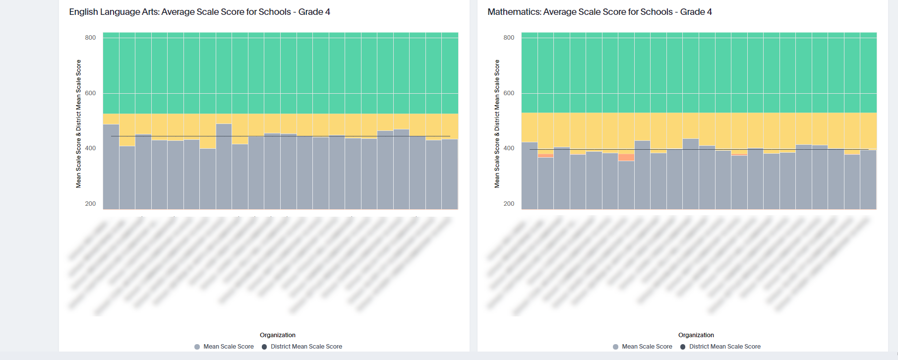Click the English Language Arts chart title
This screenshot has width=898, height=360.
(199, 12)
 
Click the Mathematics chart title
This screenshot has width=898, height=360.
(599, 12)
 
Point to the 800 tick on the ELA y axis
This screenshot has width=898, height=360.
(90, 38)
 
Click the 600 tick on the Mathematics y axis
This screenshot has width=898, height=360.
(509, 93)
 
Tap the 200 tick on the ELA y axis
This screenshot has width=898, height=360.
(90, 204)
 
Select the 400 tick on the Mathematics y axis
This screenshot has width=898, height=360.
(509, 148)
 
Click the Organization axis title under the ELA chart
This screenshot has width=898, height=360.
(278, 335)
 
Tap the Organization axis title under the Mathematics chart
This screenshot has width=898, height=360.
(696, 335)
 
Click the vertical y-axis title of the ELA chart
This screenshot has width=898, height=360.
(78, 124)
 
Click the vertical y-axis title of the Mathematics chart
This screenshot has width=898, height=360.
(497, 124)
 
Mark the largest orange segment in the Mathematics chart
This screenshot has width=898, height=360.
(626, 158)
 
